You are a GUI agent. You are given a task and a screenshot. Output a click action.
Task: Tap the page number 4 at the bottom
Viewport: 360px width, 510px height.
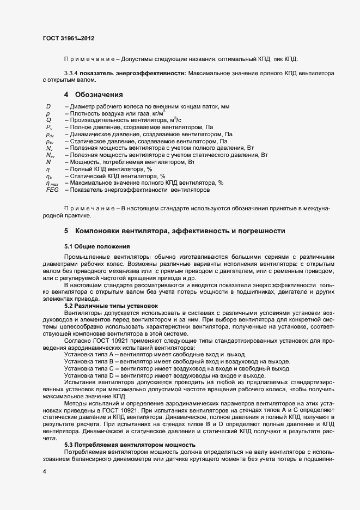[x=44, y=471]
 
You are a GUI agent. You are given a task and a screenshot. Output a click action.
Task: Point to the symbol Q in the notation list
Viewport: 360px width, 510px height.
[x=48, y=119]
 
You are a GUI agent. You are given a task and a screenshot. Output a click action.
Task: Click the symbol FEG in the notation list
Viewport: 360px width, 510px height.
[x=52, y=190]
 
